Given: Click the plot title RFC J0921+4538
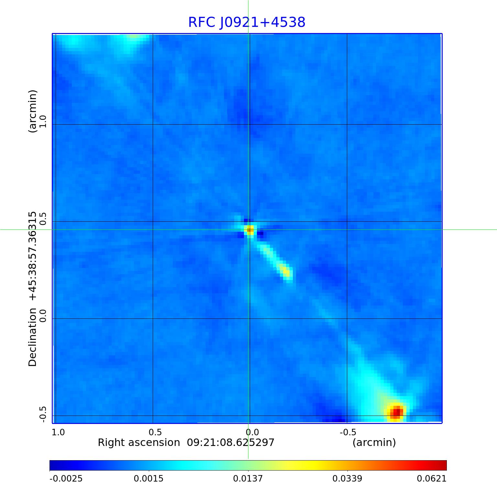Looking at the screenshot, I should pyautogui.click(x=247, y=22).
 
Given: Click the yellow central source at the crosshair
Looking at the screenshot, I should pyautogui.click(x=250, y=230).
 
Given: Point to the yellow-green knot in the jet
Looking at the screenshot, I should pyautogui.click(x=285, y=271).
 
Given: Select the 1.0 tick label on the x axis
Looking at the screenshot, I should pyautogui.click(x=58, y=432).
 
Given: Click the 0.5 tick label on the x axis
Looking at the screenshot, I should pyautogui.click(x=155, y=432).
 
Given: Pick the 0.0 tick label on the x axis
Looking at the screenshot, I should pyautogui.click(x=252, y=432).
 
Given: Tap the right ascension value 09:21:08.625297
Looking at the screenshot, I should pyautogui.click(x=231, y=442).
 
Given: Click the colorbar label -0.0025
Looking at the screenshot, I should pyautogui.click(x=66, y=479).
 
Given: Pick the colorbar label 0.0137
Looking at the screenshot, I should pyautogui.click(x=248, y=479).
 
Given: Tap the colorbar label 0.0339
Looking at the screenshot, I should pyautogui.click(x=347, y=479).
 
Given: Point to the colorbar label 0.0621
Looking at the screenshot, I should pyautogui.click(x=431, y=479).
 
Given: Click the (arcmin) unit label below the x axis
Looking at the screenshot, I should pyautogui.click(x=374, y=442).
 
